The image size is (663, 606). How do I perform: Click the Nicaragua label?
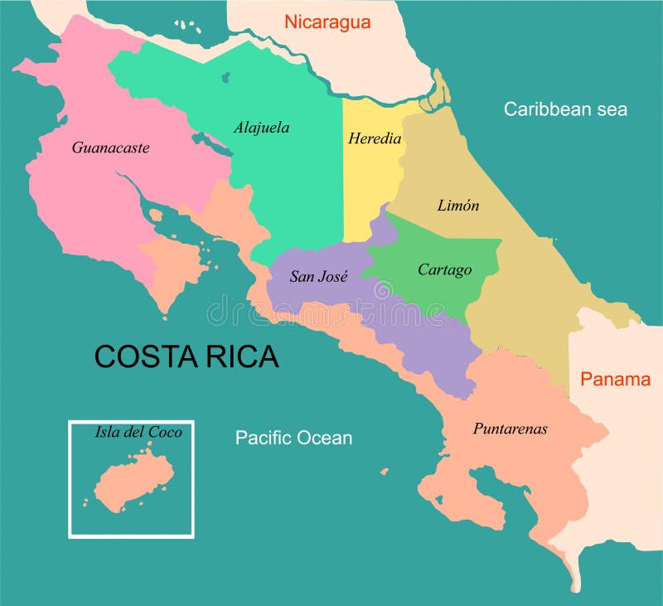327,22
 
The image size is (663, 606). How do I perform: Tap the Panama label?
615,380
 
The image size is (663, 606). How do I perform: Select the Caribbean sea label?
565,109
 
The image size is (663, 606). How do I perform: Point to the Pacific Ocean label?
293,438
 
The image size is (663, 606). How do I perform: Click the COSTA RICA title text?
186,356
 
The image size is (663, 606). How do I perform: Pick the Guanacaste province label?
110,148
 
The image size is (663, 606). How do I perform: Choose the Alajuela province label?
261,128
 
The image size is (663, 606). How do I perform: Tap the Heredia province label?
375,138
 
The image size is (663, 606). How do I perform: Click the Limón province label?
458,206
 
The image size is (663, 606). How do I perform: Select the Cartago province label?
444,269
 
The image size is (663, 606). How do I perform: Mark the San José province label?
318,277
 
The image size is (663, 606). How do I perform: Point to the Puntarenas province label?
510,429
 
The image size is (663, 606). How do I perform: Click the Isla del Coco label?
138,432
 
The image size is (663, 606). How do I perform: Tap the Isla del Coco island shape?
133,480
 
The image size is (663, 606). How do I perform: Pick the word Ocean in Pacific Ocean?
326,438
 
